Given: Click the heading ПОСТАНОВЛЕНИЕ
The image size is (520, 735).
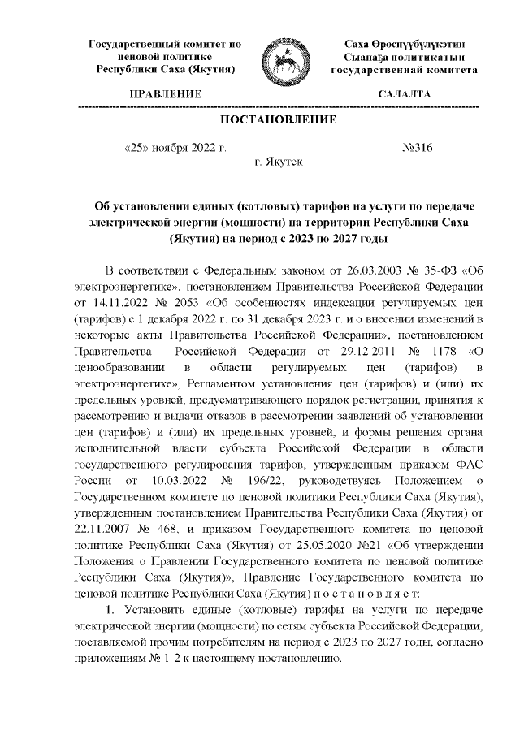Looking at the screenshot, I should click(x=279, y=120).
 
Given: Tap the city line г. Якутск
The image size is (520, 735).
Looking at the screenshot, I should click(x=279, y=163).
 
